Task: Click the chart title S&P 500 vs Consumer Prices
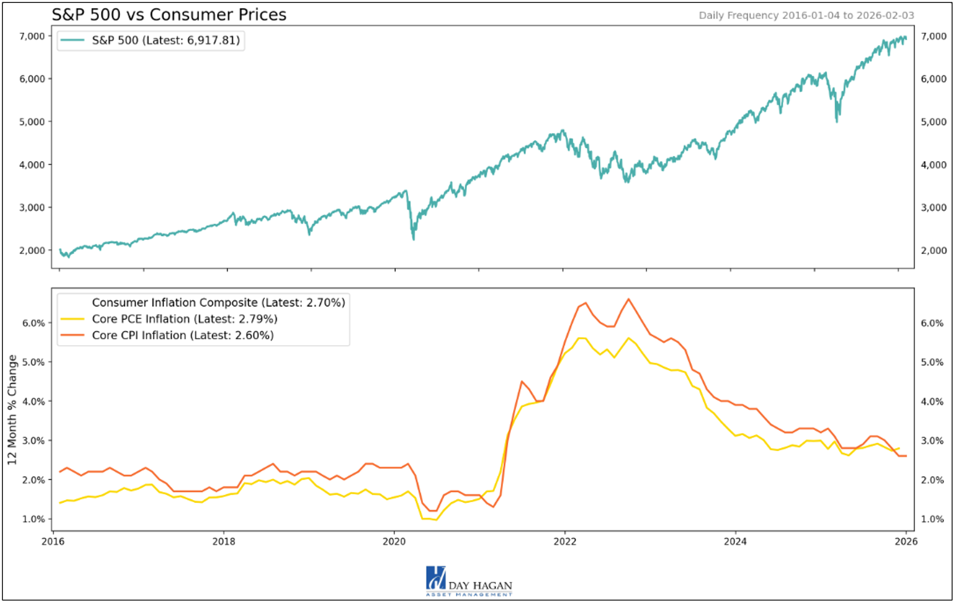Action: [x=169, y=15]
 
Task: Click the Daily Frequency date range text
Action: [x=806, y=16]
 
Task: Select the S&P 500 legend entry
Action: [x=165, y=40]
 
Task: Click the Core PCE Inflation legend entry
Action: [x=184, y=319]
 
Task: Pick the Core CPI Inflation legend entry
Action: [x=182, y=335]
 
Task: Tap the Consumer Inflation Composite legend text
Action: [x=218, y=302]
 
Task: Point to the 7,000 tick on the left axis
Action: [x=32, y=36]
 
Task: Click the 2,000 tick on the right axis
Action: [x=934, y=250]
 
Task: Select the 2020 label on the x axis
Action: [x=394, y=541]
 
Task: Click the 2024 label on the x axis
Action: [x=735, y=541]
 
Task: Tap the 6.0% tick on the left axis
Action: [x=33, y=323]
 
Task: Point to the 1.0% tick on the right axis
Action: [x=932, y=519]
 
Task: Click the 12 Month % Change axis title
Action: [x=12, y=410]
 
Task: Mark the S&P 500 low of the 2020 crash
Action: [x=413, y=239]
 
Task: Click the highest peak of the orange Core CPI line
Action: [x=628, y=299]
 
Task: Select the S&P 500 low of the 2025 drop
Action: [x=837, y=121]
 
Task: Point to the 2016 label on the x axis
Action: [x=53, y=541]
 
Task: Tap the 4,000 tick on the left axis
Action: [x=32, y=165]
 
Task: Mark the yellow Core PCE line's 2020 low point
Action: [x=436, y=520]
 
